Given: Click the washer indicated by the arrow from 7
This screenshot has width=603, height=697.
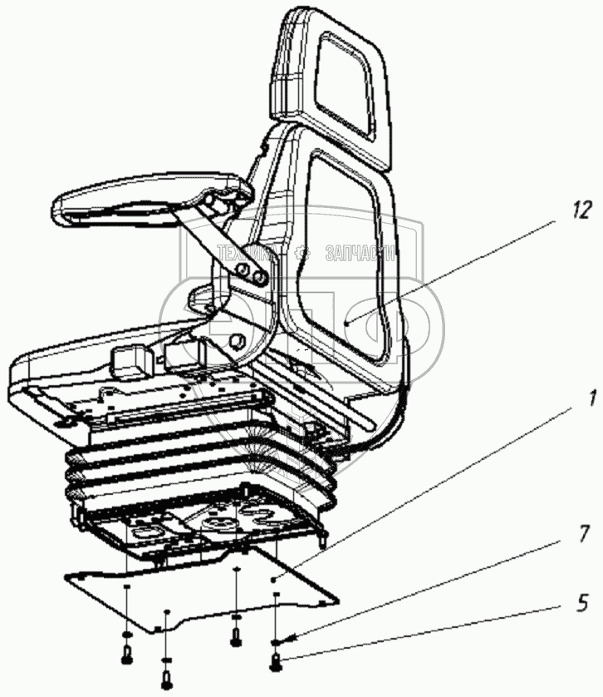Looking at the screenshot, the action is point(275,641).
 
